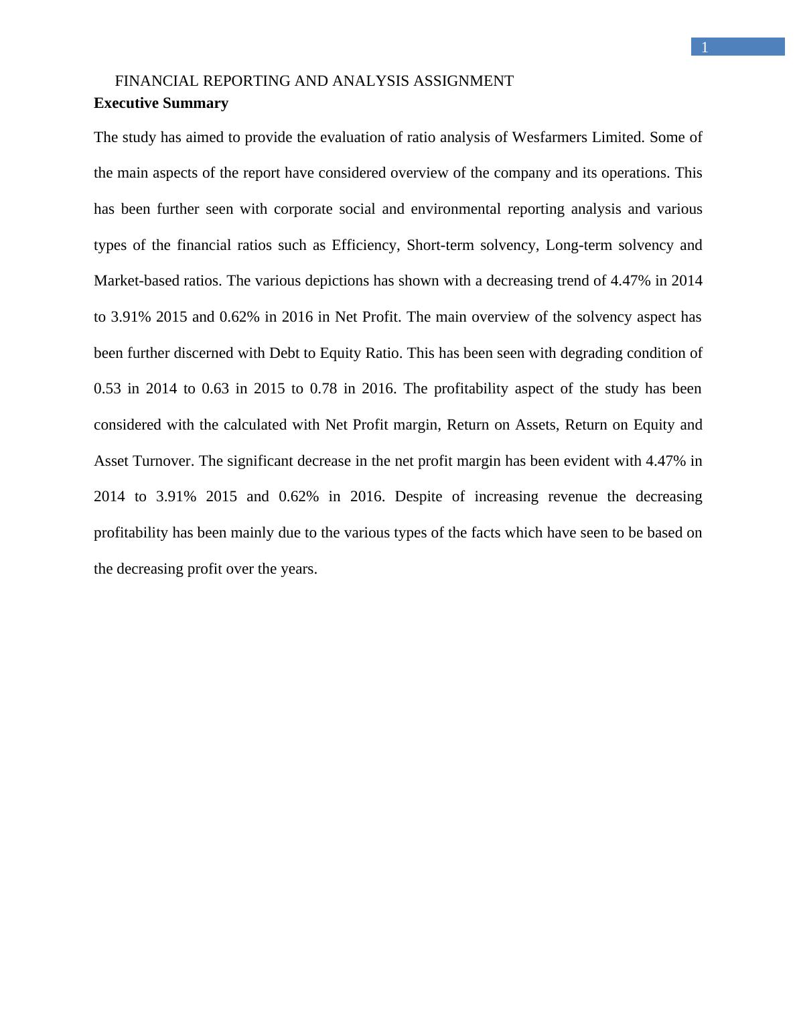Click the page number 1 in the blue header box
click(704, 48)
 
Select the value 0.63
click(215, 389)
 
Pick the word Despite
click(419, 497)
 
